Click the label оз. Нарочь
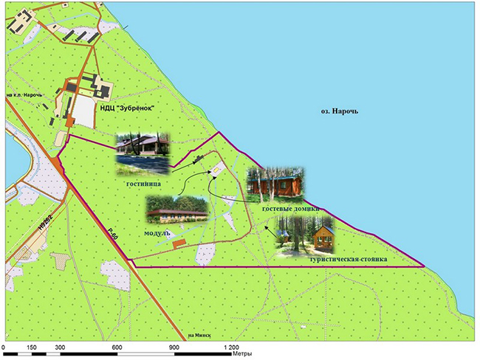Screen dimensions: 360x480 point(340,110)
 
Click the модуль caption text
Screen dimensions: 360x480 point(157,232)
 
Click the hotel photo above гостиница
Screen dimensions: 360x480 point(143,150)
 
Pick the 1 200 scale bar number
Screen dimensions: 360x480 point(231,347)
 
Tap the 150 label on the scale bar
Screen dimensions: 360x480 point(32,347)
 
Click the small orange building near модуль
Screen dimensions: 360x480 point(176,245)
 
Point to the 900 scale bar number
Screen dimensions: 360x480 point(174,347)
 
